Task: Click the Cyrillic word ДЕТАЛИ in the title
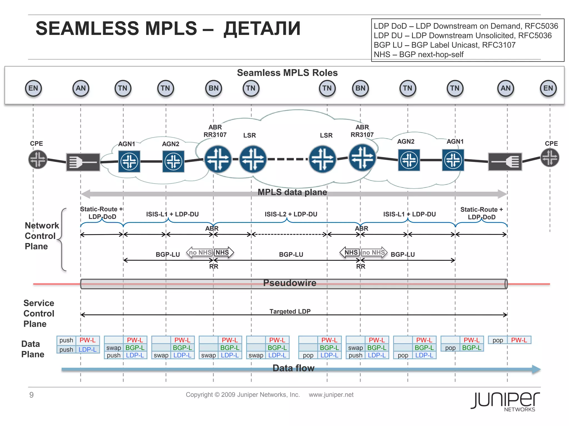262,29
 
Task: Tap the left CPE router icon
38,159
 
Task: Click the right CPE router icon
550,158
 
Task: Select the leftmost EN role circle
33,88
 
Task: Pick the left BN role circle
213,88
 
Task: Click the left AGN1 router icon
129,161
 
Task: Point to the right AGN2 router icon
409,160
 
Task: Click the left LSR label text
249,135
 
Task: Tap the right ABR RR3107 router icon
362,158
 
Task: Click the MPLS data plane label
292,192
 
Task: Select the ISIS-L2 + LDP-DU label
291,214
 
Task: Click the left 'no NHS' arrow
200,252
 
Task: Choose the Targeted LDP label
290,311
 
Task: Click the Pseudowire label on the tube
290,283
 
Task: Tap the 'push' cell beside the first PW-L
66,340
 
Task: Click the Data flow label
293,368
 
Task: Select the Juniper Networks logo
505,401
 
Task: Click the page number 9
31,395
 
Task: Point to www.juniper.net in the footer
331,395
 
